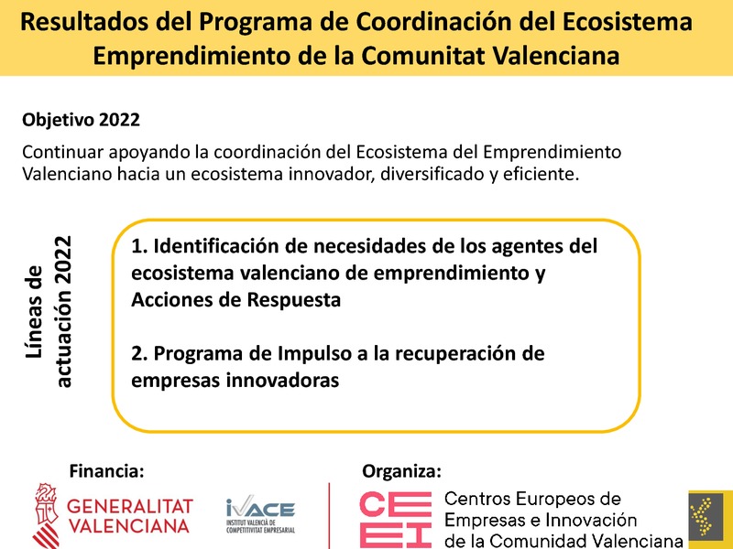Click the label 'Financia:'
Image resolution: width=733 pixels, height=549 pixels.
(x=107, y=471)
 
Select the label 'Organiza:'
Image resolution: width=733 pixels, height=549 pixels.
(x=402, y=471)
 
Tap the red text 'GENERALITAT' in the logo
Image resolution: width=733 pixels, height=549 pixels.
(x=131, y=506)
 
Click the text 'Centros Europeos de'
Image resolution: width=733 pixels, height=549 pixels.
(x=532, y=500)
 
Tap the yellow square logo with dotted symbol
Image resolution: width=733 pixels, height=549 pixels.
(x=710, y=519)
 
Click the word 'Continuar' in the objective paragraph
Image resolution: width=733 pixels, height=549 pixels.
(x=60, y=152)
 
